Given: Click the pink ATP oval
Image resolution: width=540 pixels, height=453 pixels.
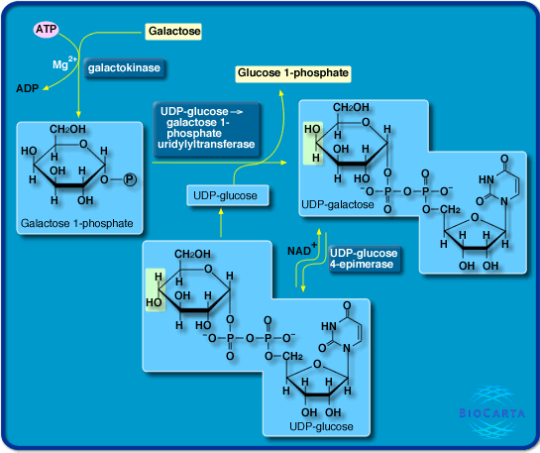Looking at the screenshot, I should pyautogui.click(x=46, y=31).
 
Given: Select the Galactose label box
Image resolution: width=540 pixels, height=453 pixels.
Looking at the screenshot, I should pyautogui.click(x=174, y=33).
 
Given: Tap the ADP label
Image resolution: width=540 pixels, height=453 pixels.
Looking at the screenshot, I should pyautogui.click(x=27, y=88).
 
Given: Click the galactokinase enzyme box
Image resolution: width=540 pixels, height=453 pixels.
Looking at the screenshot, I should pyautogui.click(x=124, y=69).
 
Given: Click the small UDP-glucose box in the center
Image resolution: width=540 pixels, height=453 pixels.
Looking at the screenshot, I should pyautogui.click(x=226, y=196).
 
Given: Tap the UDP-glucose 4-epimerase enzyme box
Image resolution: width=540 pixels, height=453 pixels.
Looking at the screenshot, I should pyautogui.click(x=365, y=260).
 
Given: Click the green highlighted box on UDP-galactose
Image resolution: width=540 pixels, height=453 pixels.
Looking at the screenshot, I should pyautogui.click(x=313, y=143).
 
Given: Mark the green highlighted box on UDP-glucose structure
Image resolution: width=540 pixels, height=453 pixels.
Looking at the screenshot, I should pyautogui.click(x=155, y=289).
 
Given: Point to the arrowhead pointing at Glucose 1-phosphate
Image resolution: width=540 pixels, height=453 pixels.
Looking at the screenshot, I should pyautogui.click(x=279, y=96).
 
